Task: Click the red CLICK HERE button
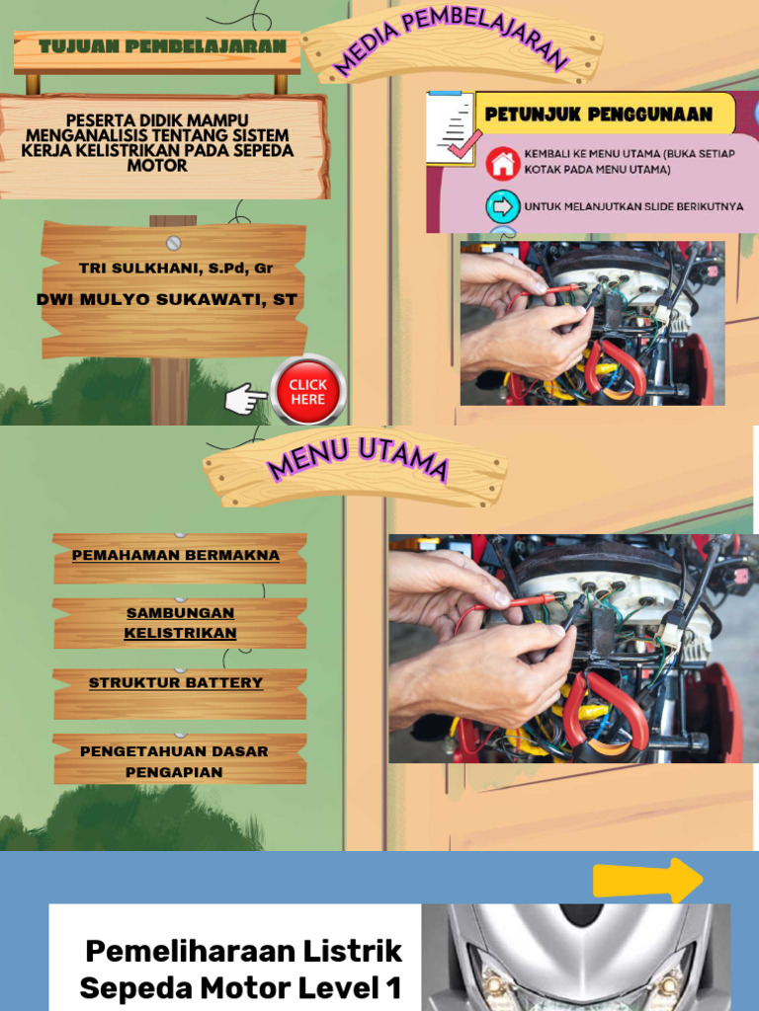(x=307, y=392)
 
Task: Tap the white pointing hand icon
(x=245, y=399)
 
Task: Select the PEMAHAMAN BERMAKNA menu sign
(x=176, y=556)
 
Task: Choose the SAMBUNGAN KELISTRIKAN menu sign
(x=180, y=623)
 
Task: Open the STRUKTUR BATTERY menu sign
(x=176, y=683)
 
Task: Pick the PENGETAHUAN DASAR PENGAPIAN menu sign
(x=174, y=761)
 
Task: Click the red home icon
(x=503, y=163)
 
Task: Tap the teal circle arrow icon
(x=503, y=206)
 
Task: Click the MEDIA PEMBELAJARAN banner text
(x=452, y=43)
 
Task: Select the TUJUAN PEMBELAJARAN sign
(x=157, y=46)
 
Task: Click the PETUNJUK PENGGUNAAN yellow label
(x=599, y=115)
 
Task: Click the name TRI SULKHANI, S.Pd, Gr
(x=175, y=269)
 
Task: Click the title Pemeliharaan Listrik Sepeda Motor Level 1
(x=241, y=969)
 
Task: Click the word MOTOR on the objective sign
(x=157, y=167)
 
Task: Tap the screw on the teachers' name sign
(x=174, y=243)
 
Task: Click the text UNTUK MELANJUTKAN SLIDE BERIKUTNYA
(x=633, y=207)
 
